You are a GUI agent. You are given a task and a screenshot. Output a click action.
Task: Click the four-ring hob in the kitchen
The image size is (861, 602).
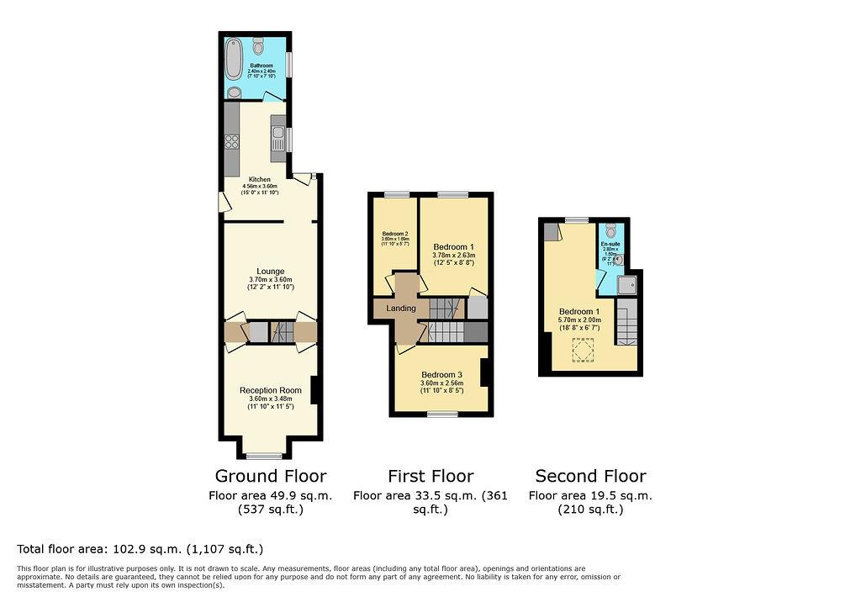point(232,141)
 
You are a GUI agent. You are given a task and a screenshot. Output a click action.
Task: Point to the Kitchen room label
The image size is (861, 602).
point(260,179)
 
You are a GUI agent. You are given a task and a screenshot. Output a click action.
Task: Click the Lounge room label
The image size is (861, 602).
point(270,272)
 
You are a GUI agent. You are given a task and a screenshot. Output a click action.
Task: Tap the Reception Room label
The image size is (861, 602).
point(270,390)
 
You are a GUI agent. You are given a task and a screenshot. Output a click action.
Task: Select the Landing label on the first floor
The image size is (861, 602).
point(401,309)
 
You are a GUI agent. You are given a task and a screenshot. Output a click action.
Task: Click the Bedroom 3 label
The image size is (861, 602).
point(441,375)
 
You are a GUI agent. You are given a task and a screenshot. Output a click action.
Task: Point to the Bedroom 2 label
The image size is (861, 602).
point(395,234)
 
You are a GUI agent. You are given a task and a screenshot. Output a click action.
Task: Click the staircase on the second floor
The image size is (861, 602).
point(627,325)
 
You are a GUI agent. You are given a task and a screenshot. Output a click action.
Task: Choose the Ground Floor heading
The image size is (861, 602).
point(270,476)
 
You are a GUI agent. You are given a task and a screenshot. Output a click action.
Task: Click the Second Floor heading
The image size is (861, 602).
point(590,476)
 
